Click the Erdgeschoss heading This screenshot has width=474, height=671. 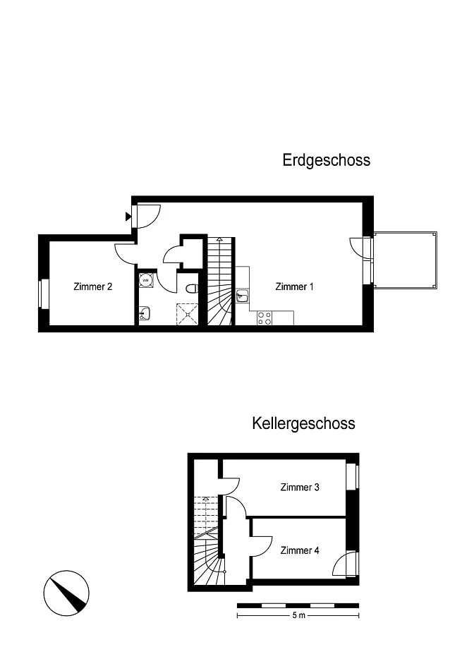(x=326, y=160)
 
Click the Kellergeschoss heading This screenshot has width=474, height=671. (x=303, y=423)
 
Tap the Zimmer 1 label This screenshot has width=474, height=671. (x=294, y=286)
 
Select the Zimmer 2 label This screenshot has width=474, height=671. (x=93, y=286)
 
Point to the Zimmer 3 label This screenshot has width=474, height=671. (x=300, y=487)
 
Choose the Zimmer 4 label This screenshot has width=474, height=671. (x=300, y=550)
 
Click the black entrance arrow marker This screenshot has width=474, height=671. (x=128, y=216)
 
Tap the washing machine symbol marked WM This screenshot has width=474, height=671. (x=146, y=280)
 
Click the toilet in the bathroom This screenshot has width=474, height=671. (x=193, y=289)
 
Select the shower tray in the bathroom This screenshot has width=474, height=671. (x=188, y=314)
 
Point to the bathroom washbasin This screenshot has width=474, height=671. (x=145, y=313)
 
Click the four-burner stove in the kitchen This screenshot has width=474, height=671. (x=265, y=318)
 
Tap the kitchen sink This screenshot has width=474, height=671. (x=242, y=295)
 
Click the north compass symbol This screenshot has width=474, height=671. (x=66, y=593)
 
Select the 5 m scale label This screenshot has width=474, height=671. (x=298, y=615)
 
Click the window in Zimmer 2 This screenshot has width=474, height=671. (x=43, y=293)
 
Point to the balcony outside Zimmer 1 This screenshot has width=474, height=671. (x=406, y=260)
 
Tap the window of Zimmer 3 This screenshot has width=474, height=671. (x=353, y=476)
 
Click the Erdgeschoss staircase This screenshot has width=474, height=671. (x=221, y=281)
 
